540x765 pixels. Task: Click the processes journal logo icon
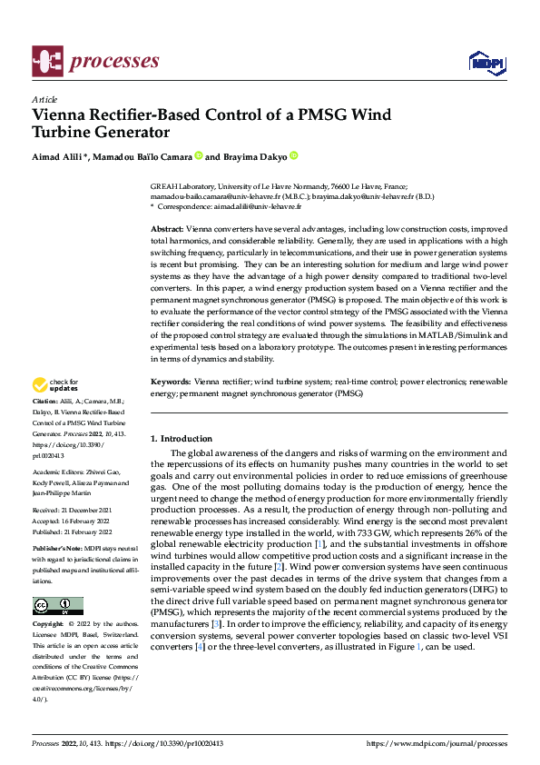coord(47,61)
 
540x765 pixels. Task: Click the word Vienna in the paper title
coord(60,116)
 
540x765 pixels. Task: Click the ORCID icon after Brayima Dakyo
coord(294,157)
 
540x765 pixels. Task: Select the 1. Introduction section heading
coord(182,439)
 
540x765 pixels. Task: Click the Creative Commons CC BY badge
coord(57,606)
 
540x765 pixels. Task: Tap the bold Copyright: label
coord(49,626)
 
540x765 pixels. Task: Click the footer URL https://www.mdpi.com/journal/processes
coord(437,743)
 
